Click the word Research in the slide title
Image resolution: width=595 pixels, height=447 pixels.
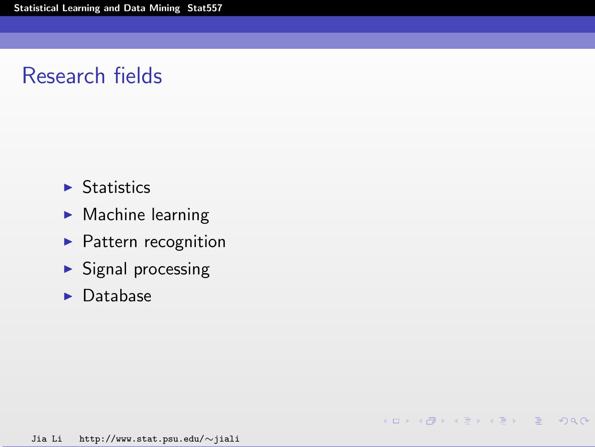(x=64, y=76)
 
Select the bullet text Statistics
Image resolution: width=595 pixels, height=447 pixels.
(x=116, y=187)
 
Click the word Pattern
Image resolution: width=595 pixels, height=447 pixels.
(x=109, y=242)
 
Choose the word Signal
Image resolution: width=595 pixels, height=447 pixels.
(x=105, y=269)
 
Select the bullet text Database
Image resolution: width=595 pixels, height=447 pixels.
(x=117, y=296)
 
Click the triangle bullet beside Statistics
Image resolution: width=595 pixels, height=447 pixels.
(x=68, y=187)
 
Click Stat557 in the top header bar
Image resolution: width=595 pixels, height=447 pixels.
(x=205, y=8)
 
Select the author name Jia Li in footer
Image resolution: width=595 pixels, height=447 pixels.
(x=46, y=439)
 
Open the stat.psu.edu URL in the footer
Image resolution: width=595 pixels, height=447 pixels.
(x=159, y=439)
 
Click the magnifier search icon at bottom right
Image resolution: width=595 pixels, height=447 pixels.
(x=574, y=421)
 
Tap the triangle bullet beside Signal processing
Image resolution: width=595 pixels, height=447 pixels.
(x=68, y=269)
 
